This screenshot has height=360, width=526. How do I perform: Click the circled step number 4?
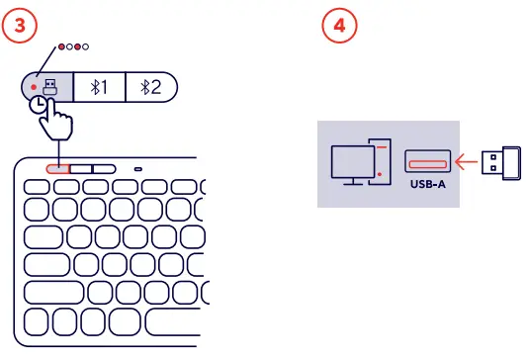[339, 26]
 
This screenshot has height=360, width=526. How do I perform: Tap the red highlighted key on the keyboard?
[58, 169]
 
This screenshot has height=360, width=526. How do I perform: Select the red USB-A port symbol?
[427, 159]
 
